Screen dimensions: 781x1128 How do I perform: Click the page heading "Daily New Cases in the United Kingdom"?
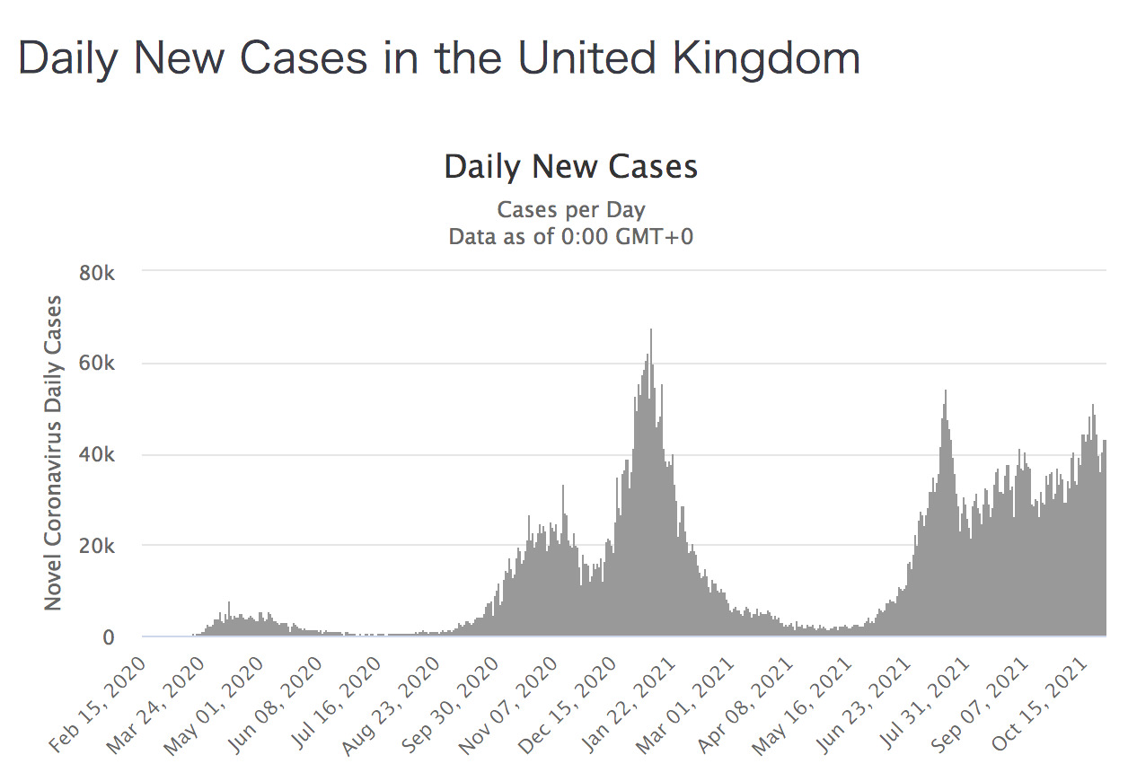(438, 59)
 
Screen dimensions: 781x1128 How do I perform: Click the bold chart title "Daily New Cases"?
(571, 167)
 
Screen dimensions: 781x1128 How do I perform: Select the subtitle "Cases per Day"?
(571, 210)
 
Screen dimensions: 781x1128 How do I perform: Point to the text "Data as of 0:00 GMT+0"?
(571, 237)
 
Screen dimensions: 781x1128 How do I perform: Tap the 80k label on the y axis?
(96, 272)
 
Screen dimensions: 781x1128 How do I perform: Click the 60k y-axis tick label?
(96, 364)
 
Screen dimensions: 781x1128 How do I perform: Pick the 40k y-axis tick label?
(96, 455)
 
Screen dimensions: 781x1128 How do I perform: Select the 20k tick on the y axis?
(96, 546)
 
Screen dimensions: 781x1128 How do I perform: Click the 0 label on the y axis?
(109, 637)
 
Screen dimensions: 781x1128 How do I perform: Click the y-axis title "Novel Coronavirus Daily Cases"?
(54, 452)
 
